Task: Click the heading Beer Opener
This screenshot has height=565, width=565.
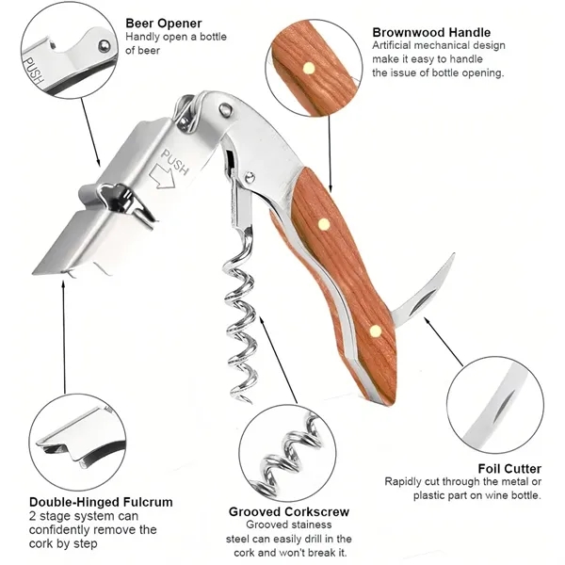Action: point(164,23)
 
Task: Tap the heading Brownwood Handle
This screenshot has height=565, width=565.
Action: point(431,32)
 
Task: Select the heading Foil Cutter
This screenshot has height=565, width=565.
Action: point(509,468)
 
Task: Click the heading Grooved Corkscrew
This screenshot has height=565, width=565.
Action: point(289,511)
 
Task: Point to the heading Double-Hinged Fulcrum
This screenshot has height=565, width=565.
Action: point(101,502)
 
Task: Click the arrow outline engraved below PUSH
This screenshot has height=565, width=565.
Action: point(161,177)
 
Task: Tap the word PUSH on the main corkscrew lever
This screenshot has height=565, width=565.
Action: point(174,162)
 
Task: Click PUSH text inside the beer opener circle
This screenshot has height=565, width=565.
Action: point(33,71)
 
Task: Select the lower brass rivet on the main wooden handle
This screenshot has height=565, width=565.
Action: point(375,331)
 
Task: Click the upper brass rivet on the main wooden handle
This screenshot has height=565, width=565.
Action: point(324,224)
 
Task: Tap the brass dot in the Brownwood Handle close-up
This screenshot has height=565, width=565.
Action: point(309,68)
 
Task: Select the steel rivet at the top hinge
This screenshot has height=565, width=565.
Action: point(226,108)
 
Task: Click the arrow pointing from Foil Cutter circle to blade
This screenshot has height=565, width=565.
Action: point(443,341)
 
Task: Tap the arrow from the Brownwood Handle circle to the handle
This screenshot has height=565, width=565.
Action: point(330,153)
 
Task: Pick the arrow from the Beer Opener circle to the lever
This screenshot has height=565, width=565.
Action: point(90,132)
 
